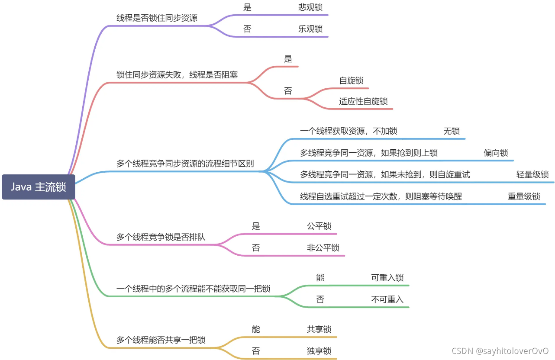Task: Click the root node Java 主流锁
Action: click(x=39, y=187)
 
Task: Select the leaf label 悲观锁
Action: click(x=310, y=7)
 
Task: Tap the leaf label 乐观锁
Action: click(x=310, y=29)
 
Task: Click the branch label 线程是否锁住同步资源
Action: click(x=157, y=18)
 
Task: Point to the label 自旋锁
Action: click(x=351, y=80)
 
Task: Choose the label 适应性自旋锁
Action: click(x=363, y=101)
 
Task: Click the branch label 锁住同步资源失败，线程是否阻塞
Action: click(x=177, y=75)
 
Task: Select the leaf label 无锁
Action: click(x=452, y=131)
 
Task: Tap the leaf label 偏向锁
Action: click(x=496, y=153)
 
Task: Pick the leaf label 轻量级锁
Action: click(x=532, y=175)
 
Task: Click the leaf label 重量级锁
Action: click(x=524, y=196)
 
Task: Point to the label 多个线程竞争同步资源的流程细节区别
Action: click(x=185, y=164)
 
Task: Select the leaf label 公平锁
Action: click(x=319, y=226)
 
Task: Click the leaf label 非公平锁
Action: click(x=323, y=247)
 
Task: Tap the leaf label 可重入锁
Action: click(x=387, y=277)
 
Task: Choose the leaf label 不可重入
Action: click(x=387, y=299)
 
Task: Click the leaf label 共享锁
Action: click(x=319, y=329)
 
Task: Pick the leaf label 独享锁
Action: click(x=319, y=350)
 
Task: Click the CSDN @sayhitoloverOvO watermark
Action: click(x=500, y=350)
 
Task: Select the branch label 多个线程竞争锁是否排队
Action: click(x=161, y=237)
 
